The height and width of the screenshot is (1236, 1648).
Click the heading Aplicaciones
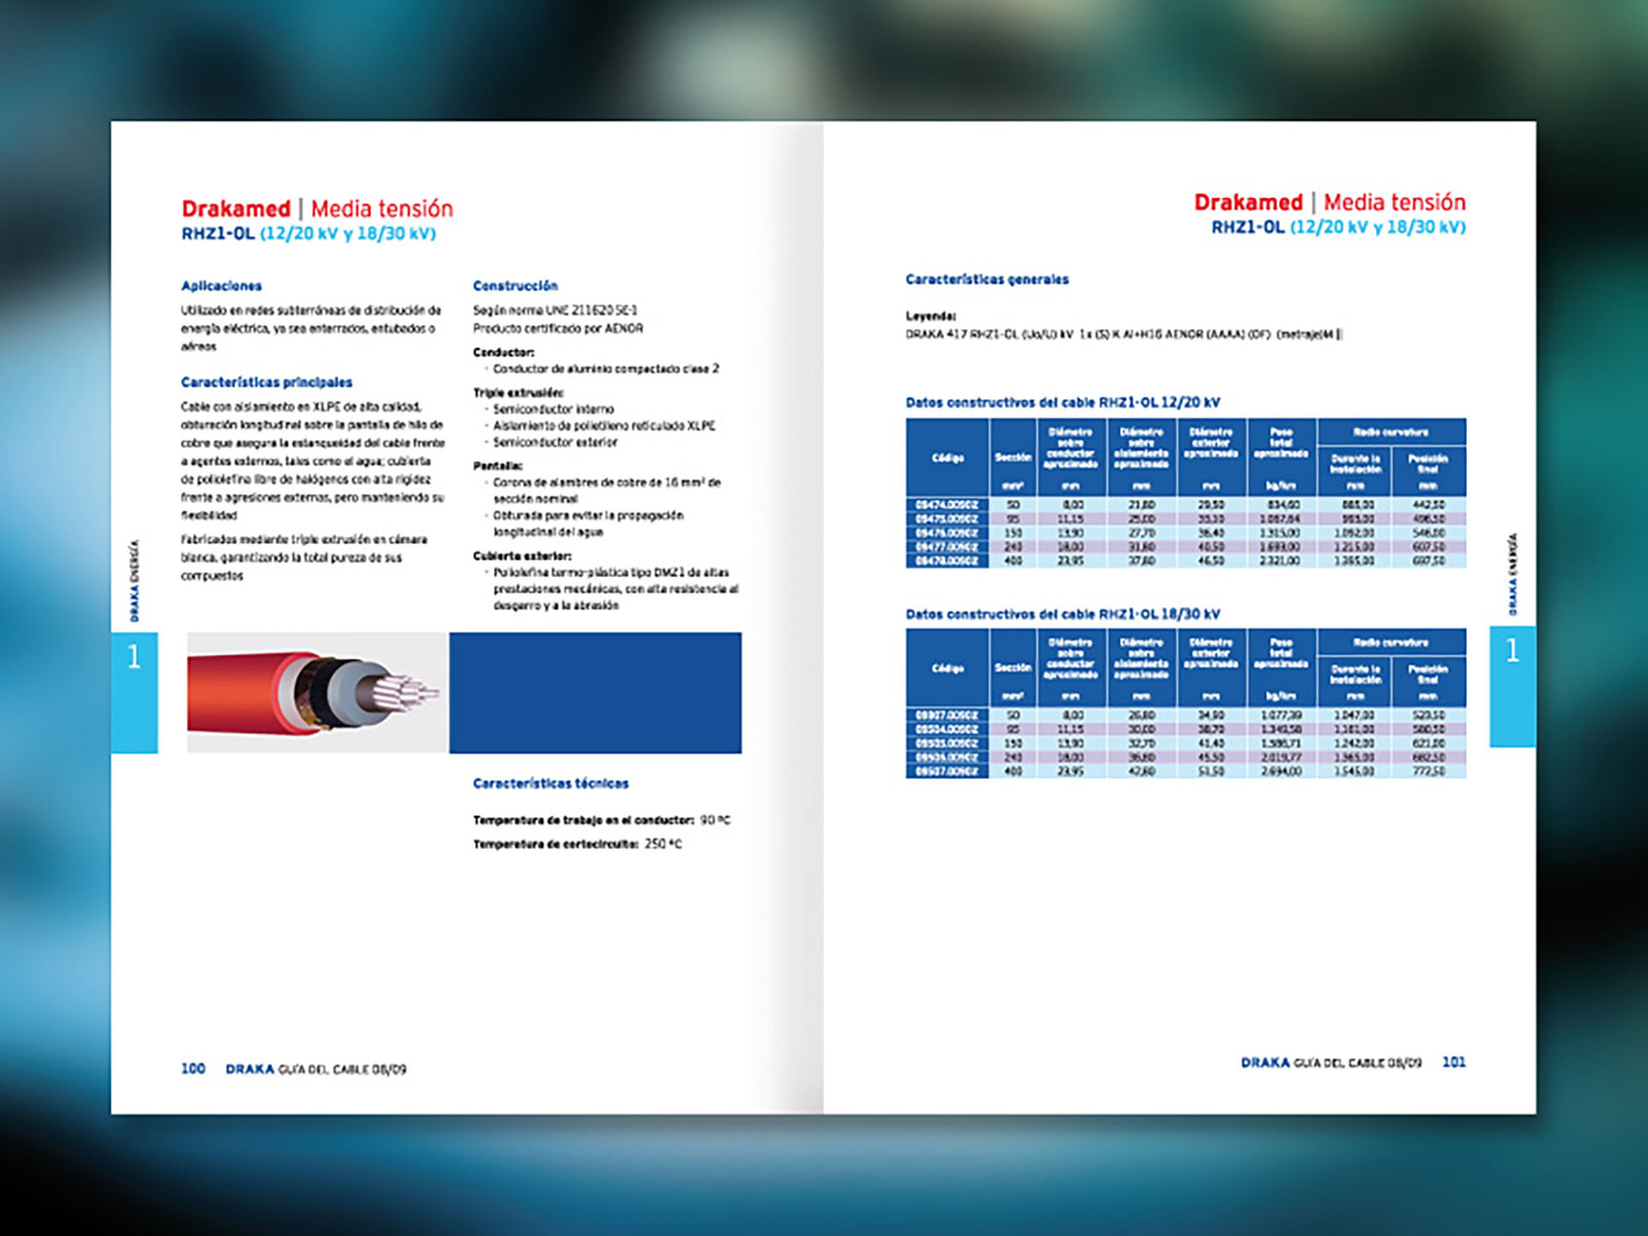click(x=221, y=286)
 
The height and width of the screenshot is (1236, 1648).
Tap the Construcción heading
click(x=515, y=286)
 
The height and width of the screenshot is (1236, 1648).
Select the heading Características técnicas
click(x=550, y=784)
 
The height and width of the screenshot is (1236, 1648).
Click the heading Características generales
click(x=987, y=280)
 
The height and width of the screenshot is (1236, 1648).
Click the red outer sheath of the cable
click(x=232, y=694)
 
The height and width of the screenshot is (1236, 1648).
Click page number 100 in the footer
click(x=193, y=1069)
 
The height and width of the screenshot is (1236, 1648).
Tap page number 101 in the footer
click(x=1454, y=1063)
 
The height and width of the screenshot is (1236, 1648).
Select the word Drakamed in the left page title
click(x=236, y=209)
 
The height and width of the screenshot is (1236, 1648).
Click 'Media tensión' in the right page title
click(x=1395, y=203)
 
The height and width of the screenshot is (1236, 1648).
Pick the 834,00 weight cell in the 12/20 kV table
click(x=1281, y=506)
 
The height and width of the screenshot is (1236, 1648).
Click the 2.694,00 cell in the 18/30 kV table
click(x=1281, y=772)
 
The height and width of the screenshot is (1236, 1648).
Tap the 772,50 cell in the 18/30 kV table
click(x=1428, y=772)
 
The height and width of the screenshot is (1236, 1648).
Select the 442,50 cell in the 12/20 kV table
click(x=1428, y=506)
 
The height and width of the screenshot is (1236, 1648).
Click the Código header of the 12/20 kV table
click(x=948, y=457)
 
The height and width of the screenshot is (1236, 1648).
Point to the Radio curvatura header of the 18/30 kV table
click(x=1390, y=643)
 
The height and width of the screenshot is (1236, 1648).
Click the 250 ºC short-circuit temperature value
click(x=663, y=845)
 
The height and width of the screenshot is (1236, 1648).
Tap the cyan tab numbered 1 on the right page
click(x=1512, y=686)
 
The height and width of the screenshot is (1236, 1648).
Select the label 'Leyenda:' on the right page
click(x=930, y=316)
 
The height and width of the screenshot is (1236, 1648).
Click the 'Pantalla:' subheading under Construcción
click(x=498, y=466)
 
